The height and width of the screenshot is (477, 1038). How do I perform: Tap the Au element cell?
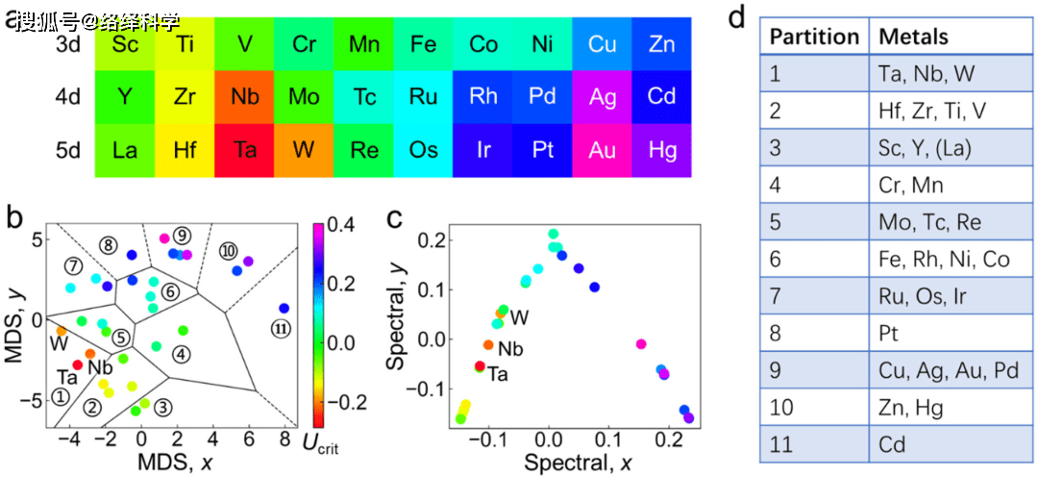603,151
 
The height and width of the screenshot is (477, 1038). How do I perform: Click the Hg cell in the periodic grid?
661,151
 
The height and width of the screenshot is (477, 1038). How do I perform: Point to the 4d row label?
68,97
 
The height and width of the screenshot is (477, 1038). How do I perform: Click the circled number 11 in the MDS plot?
281,329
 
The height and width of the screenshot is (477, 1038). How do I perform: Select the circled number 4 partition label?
182,354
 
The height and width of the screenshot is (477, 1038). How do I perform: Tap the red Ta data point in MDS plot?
78,364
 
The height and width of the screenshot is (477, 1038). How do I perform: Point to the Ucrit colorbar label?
321,443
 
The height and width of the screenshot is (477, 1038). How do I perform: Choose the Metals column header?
912,38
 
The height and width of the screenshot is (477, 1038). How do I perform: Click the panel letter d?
737,18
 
